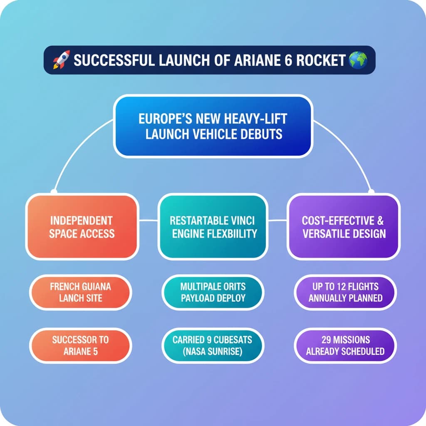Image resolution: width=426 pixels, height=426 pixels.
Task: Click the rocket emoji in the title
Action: (x=61, y=60)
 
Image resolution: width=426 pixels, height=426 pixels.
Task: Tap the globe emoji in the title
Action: (x=358, y=60)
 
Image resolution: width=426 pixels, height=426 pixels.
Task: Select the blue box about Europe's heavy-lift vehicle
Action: (x=213, y=126)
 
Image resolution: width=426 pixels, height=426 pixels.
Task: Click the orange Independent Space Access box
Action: (x=82, y=227)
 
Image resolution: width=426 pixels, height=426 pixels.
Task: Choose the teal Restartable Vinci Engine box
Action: (x=213, y=227)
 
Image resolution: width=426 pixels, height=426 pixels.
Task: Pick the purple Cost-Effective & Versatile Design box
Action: (x=343, y=227)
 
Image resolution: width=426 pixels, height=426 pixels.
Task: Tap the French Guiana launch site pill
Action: (x=80, y=292)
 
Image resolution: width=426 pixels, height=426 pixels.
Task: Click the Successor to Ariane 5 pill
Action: (x=80, y=345)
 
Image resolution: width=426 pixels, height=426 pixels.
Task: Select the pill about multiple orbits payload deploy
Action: (x=213, y=292)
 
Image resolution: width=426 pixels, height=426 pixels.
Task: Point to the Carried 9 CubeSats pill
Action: (x=213, y=345)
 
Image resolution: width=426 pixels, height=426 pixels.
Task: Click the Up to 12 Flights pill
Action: (x=345, y=292)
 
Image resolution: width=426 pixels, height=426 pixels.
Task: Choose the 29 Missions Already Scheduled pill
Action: (x=345, y=345)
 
